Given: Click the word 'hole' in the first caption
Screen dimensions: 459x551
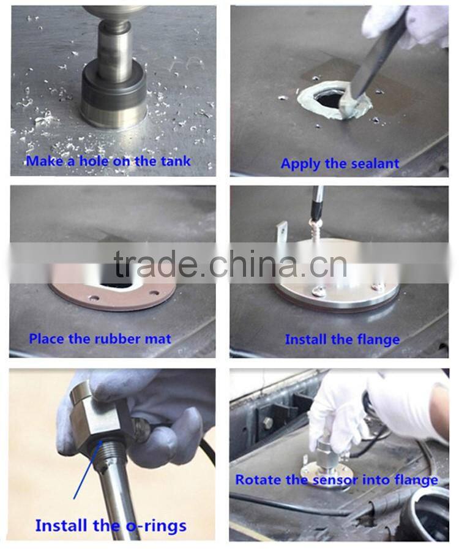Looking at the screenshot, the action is point(94,161).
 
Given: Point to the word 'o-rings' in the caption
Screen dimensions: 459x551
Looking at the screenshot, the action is point(156,526).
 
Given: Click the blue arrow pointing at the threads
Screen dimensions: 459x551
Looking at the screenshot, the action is point(88,470).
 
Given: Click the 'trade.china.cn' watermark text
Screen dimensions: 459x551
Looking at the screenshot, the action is point(230,263).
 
